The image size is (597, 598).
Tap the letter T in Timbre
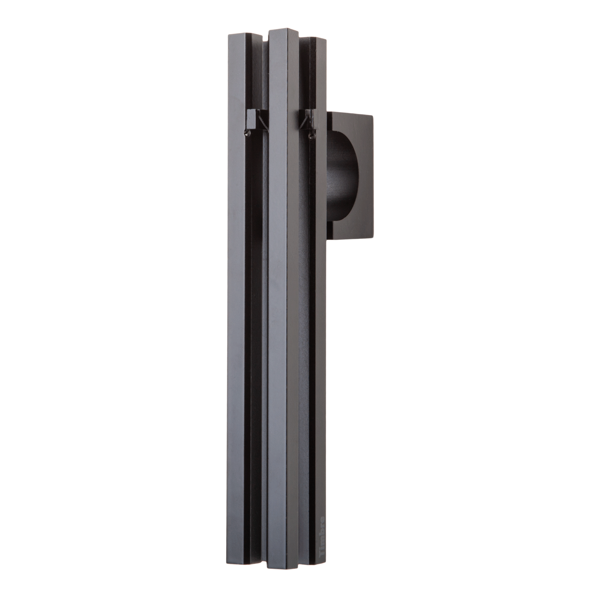(x=322, y=546)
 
